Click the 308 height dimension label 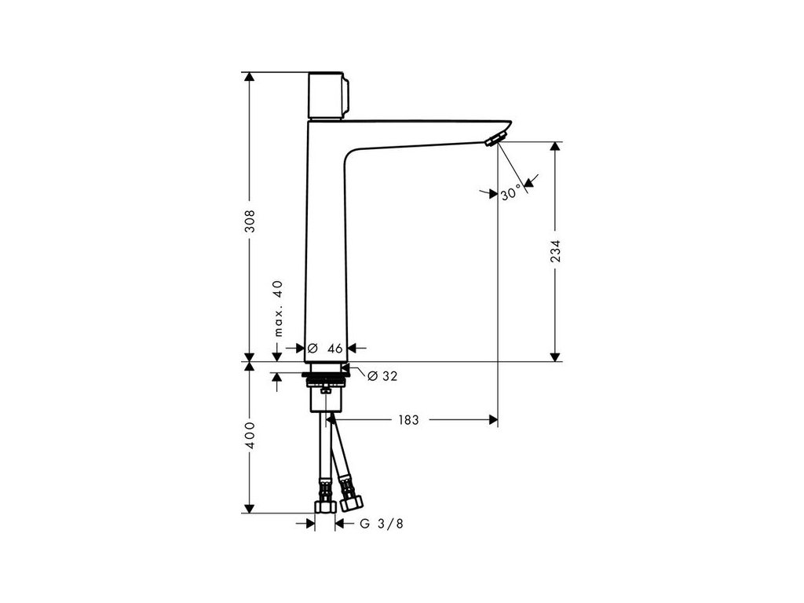pyautogui.click(x=249, y=220)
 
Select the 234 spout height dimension pyautogui.click(x=555, y=250)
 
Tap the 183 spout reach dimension pyautogui.click(x=408, y=420)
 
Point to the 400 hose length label pyautogui.click(x=249, y=435)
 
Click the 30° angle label pyautogui.click(x=510, y=193)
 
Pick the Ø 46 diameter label pyautogui.click(x=326, y=349)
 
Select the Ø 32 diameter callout pyautogui.click(x=382, y=376)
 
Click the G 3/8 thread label pyautogui.click(x=382, y=524)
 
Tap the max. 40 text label pyautogui.click(x=277, y=308)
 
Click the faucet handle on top pyautogui.click(x=329, y=96)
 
